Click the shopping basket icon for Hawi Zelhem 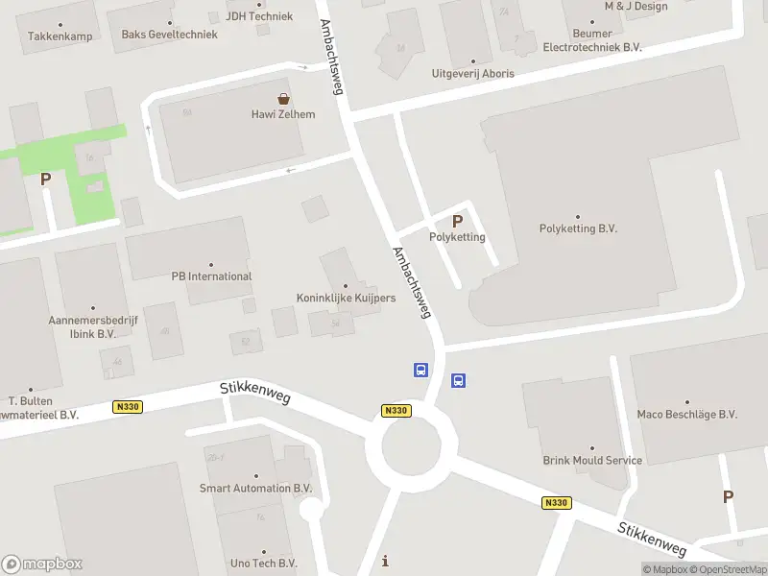(x=283, y=98)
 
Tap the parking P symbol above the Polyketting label (x=457, y=221)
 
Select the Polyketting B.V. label (x=577, y=228)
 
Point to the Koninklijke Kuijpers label (x=346, y=298)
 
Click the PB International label (x=211, y=276)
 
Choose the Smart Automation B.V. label (x=255, y=488)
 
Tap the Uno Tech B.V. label (x=263, y=564)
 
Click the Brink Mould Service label (x=591, y=460)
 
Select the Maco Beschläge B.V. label (x=686, y=415)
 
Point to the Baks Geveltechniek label (x=169, y=35)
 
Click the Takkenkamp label (x=60, y=36)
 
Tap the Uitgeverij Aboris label (x=472, y=74)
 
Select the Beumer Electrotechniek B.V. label (x=591, y=39)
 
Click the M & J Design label (x=636, y=6)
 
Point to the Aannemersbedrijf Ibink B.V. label (x=82, y=327)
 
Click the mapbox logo (x=42, y=564)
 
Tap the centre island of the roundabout (x=411, y=446)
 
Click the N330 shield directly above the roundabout (x=396, y=411)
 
